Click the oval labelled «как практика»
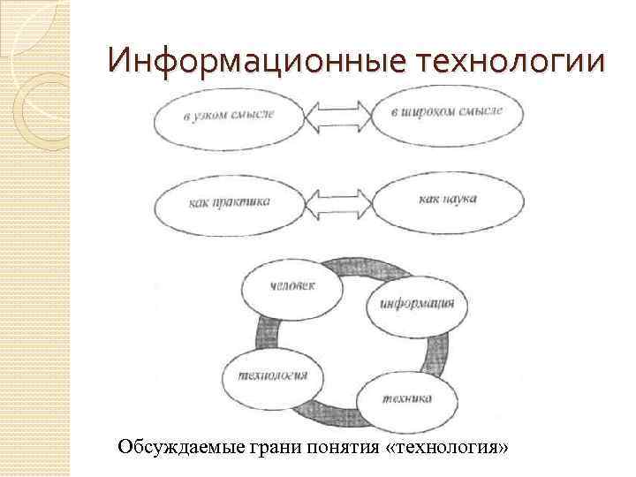click(x=230, y=202)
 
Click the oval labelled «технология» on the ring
click(x=273, y=375)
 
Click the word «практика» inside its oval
click(x=241, y=202)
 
